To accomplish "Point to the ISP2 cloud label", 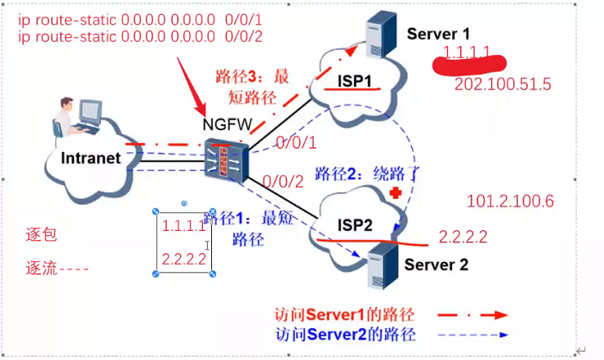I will (354, 225).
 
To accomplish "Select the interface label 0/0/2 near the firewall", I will (279, 182).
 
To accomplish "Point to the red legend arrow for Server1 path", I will (468, 315).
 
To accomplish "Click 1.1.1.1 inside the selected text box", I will (183, 225).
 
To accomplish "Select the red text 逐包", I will (41, 236).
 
